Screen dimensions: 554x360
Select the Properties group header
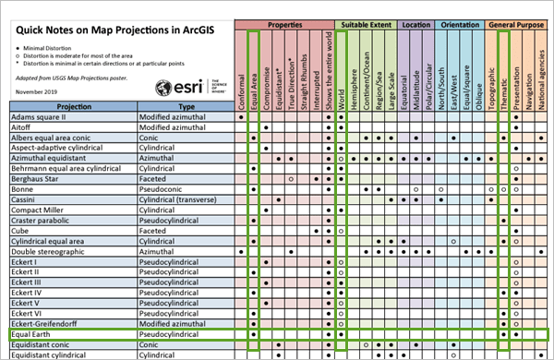click(284, 23)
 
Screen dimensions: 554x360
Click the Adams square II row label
click(42, 118)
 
